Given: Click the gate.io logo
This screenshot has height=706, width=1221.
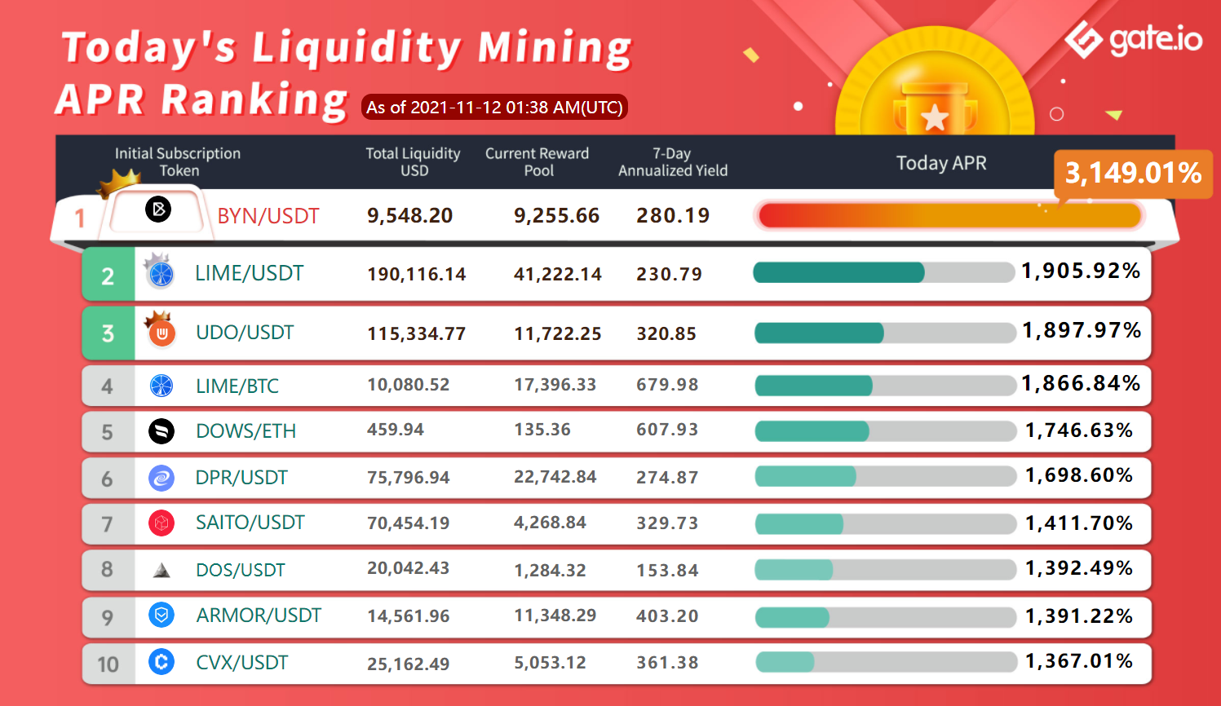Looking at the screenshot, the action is [x=1133, y=40].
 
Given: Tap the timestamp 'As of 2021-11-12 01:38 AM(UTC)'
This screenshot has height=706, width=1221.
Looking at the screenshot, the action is [x=494, y=108].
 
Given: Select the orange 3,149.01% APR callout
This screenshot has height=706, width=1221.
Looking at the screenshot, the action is [x=1133, y=174].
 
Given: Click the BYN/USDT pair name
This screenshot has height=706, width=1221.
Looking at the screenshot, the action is [x=268, y=216].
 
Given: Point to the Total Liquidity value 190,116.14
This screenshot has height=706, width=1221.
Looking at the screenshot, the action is [x=417, y=274].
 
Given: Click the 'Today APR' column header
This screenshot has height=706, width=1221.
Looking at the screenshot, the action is [x=941, y=163].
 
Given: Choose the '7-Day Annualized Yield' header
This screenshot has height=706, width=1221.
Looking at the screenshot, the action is [x=673, y=161].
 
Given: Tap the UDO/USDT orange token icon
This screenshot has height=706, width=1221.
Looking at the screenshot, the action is [x=161, y=333].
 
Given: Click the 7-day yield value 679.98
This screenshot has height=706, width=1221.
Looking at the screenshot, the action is [x=667, y=385].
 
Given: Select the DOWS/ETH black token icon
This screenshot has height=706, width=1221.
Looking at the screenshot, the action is [x=161, y=431].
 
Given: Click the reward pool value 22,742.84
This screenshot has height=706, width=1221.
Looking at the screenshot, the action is [x=555, y=477].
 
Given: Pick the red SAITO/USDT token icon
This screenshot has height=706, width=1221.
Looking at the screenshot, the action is [x=161, y=523].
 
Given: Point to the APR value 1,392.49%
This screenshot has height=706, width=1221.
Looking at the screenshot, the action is [x=1079, y=568].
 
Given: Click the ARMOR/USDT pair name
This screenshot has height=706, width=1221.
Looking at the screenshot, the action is [x=259, y=616].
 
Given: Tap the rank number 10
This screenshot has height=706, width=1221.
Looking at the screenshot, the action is [x=108, y=664].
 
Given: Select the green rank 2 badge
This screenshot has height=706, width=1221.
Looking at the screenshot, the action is [x=108, y=274].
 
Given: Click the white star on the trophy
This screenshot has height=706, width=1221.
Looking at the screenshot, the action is [x=935, y=117].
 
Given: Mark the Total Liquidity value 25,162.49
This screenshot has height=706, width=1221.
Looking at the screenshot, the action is [x=409, y=664].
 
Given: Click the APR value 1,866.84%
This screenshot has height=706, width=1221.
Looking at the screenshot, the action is [x=1081, y=383].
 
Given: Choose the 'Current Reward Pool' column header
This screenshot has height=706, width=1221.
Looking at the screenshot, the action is [x=538, y=161].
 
